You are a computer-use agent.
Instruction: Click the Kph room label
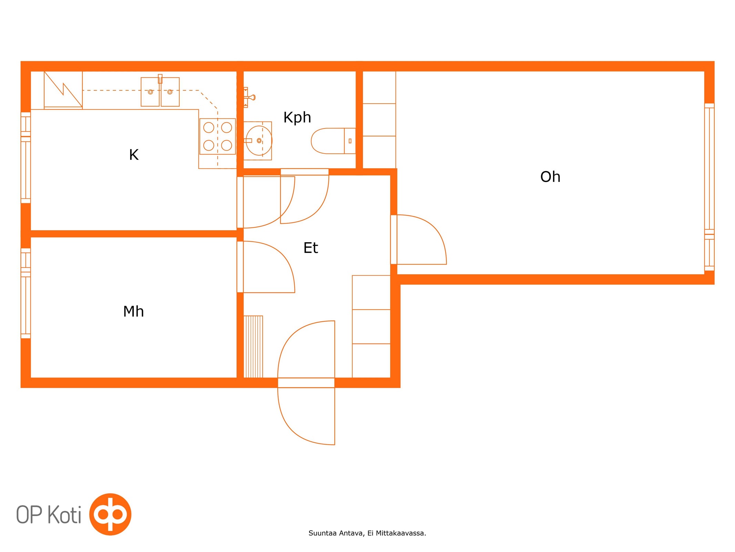tap(297, 118)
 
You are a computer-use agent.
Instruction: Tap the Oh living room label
tap(550, 177)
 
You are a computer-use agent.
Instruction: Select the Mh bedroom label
tap(133, 311)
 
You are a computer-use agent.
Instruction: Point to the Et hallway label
tap(310, 248)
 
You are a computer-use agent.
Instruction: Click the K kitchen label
tap(134, 155)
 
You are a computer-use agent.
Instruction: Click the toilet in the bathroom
tap(333, 141)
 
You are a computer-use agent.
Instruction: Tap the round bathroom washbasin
tap(258, 141)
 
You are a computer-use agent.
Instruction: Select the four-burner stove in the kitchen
tap(217, 136)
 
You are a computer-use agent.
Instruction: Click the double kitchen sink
tap(160, 91)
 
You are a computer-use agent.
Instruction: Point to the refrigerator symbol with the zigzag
tap(63, 90)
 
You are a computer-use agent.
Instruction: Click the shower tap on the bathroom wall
tap(249, 97)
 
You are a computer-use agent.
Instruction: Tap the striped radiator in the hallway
tap(253, 346)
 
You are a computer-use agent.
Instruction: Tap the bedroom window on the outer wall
tap(26, 293)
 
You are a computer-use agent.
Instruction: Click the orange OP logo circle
tap(110, 514)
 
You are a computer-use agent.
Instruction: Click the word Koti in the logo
tap(64, 514)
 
